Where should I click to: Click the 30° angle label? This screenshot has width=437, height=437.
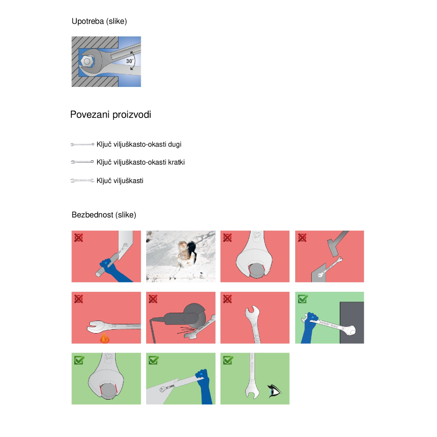coord(130,61)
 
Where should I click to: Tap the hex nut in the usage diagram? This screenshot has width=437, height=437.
coord(87,61)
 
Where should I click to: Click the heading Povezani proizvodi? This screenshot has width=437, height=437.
coord(111,115)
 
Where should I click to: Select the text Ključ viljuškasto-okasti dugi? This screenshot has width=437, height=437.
coord(139,144)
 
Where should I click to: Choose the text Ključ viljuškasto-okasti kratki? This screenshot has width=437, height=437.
coord(140,162)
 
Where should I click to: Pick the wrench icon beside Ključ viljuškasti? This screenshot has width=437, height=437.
coord(82,181)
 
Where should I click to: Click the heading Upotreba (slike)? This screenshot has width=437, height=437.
coord(99,21)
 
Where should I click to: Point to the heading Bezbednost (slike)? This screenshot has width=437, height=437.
coord(104,215)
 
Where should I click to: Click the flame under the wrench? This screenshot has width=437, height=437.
coord(104,338)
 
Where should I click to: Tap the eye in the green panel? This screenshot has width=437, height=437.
coord(274,391)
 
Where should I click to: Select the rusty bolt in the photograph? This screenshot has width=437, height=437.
coord(185,252)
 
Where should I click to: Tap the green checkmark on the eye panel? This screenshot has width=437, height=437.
coord(228,360)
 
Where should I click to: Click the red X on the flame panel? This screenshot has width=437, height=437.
coord(79,299)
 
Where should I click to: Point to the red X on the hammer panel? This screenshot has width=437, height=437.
coord(302,238)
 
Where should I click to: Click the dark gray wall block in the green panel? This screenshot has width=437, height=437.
coord(352,322)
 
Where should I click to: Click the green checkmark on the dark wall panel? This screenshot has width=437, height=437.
coord(303,299)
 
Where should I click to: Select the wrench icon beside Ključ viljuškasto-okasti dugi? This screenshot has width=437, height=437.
coord(82,144)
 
